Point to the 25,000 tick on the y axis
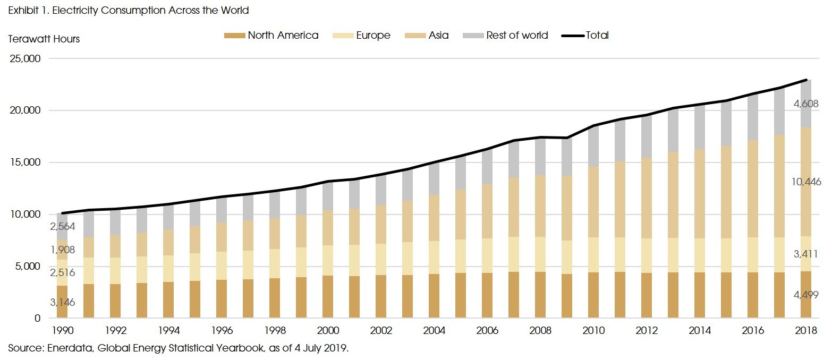point(26,59)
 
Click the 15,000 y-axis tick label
point(26,162)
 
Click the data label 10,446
point(806,182)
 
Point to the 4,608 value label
point(806,104)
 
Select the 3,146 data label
point(63,303)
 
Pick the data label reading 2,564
point(63,227)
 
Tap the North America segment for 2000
point(328,297)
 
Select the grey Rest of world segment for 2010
point(593,146)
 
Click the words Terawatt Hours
point(44,39)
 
